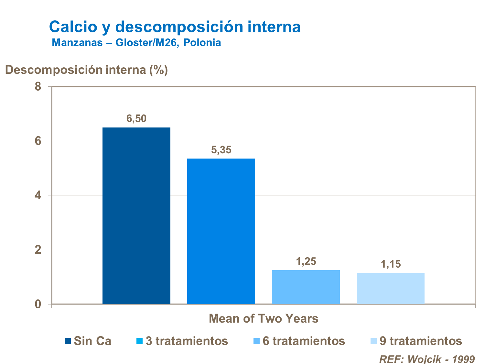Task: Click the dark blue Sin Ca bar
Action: [136, 215]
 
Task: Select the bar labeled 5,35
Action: [221, 231]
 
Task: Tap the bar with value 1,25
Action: [306, 287]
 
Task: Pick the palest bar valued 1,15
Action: [391, 288]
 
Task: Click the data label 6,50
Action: [136, 119]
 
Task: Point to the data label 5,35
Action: [221, 150]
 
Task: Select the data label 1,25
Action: [306, 261]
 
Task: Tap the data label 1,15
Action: [391, 264]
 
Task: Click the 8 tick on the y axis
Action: [38, 87]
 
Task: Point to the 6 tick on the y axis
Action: [38, 141]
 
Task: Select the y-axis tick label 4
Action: [38, 195]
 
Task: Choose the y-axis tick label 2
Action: [38, 250]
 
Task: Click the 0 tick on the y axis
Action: [38, 304]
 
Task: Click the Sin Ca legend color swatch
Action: [68, 341]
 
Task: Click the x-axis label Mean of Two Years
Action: [264, 319]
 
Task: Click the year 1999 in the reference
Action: [463, 359]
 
